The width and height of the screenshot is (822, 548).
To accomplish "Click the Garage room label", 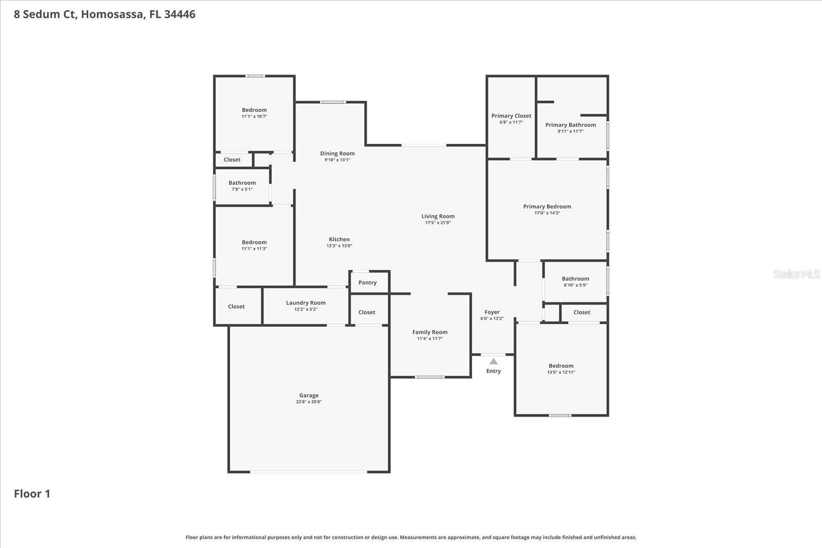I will click(309, 395).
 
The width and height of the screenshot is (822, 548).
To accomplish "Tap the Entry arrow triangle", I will click(493, 362).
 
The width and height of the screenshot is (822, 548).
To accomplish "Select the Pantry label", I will click(367, 282).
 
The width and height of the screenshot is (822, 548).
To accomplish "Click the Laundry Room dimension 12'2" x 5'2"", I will click(306, 309).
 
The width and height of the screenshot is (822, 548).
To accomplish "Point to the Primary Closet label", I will click(511, 116).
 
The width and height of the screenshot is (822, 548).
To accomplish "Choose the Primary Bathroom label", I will click(570, 125).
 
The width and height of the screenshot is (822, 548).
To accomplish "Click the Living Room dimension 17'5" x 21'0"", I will click(438, 223).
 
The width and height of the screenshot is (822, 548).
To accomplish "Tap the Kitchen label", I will click(339, 239).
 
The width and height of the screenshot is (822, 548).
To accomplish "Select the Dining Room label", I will click(337, 153).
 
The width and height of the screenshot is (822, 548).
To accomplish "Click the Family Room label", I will click(429, 332).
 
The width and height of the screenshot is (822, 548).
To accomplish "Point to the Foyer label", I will click(492, 312).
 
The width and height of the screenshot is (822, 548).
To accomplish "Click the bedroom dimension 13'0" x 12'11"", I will click(561, 372).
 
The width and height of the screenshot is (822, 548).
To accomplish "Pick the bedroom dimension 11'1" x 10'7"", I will click(254, 117).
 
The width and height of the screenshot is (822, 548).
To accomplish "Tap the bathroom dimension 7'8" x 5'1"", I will click(242, 190).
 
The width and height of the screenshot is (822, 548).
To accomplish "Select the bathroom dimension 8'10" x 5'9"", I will click(575, 285).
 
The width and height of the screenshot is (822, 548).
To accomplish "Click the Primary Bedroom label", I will click(547, 206).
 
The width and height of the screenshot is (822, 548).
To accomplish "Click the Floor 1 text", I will click(32, 494).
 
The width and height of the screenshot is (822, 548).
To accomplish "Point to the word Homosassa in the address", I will click(113, 14).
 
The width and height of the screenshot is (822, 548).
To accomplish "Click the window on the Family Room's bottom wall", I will click(430, 377).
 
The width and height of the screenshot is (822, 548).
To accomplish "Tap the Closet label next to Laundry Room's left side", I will click(236, 307).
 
